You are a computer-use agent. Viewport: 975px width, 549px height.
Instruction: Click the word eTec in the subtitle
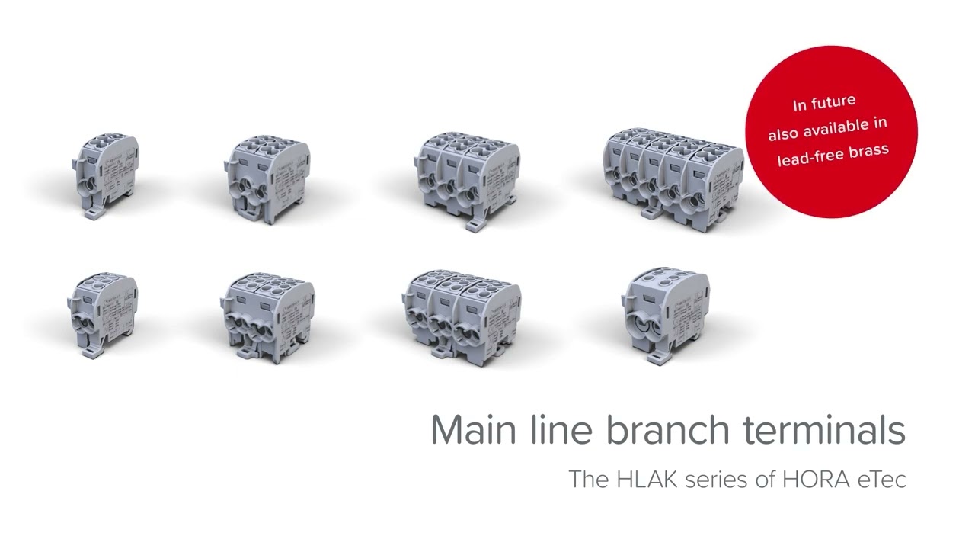[882, 480]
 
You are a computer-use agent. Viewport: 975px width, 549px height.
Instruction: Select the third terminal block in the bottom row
[461, 313]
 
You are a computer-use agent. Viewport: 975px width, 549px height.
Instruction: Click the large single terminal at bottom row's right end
[664, 314]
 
